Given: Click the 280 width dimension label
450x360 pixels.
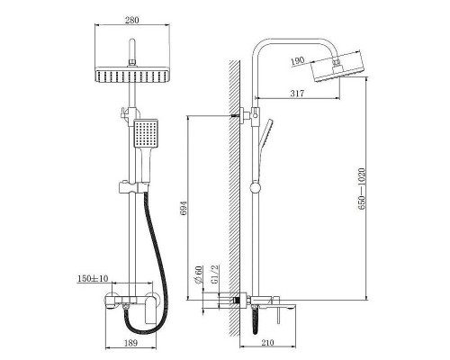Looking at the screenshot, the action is click(132, 20).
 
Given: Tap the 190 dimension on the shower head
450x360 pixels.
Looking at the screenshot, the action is click(298, 61).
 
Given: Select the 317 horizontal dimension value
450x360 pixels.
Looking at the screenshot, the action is click(297, 94).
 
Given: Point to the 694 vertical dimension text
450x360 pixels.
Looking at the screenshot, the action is click(183, 208).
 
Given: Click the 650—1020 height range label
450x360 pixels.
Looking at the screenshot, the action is click(362, 189).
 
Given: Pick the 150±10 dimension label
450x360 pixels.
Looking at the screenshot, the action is click(93, 278).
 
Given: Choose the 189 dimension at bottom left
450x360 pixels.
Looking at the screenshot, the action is click(130, 343).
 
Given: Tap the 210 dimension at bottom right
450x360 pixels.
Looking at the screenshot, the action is click(267, 343).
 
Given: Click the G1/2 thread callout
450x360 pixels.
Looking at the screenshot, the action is click(215, 274).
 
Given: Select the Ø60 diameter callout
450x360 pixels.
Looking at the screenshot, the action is click(199, 274).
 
